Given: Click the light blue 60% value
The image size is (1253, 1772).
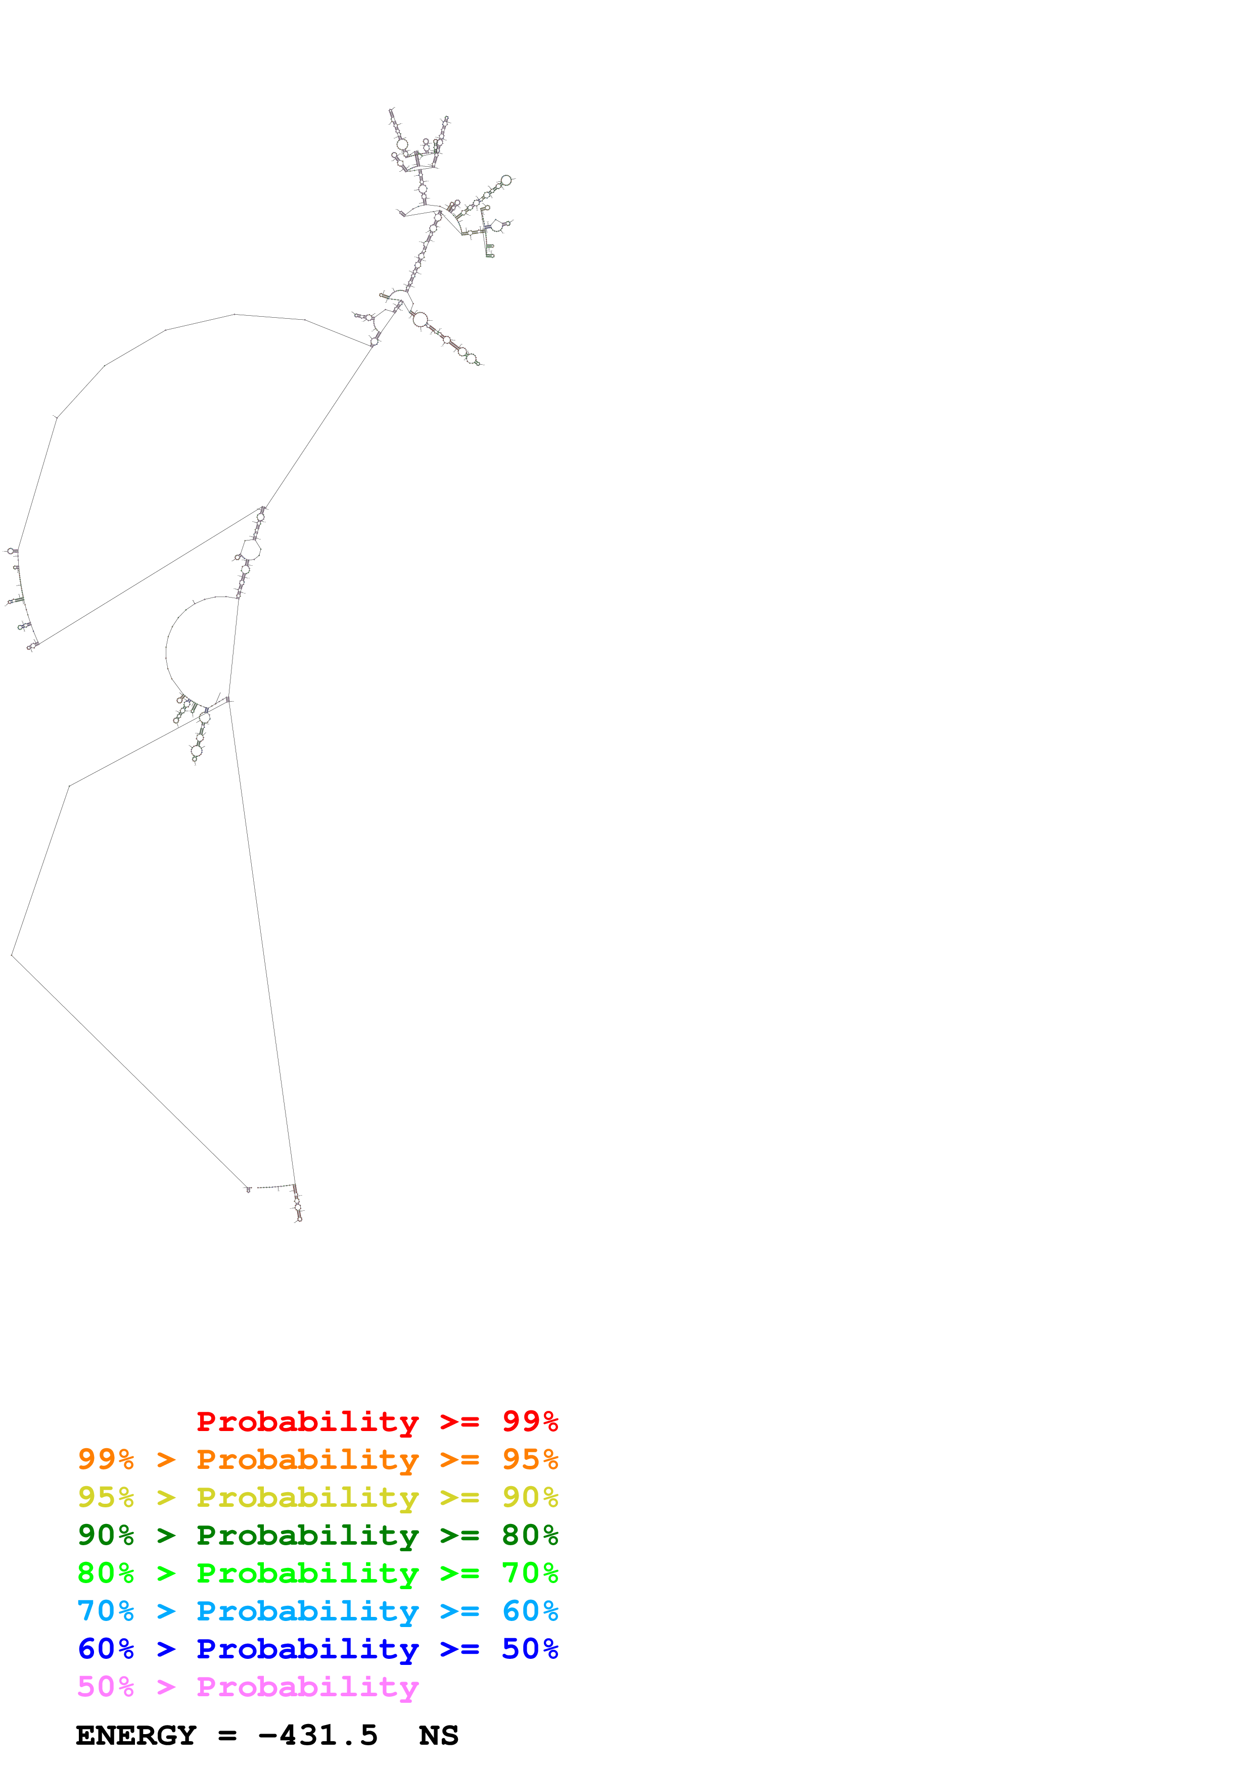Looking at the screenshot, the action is coord(530,1611).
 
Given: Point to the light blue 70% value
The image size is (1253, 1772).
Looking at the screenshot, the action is coord(106,1611).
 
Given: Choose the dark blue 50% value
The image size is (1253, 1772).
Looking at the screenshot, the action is coord(530,1649).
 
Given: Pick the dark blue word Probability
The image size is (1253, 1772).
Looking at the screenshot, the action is coord(307,1649).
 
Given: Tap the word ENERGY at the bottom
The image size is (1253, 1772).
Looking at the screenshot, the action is coord(136,1736).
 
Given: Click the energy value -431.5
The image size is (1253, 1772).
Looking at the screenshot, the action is coord(318,1736).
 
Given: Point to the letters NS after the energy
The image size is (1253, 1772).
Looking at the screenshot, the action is coord(439,1736).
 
